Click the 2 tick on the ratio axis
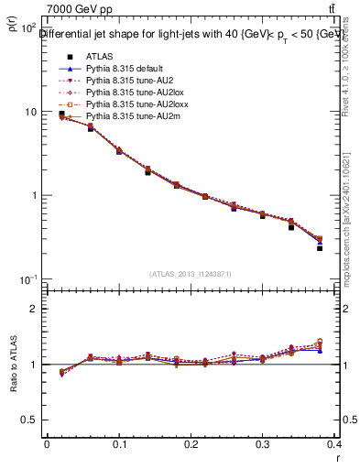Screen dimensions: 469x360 (35, 309)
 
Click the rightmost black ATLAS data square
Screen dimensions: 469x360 (320, 248)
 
